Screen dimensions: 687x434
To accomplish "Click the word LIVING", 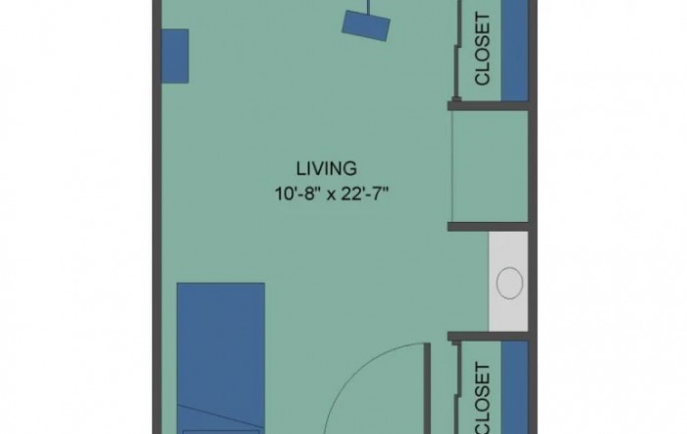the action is (x=327, y=169).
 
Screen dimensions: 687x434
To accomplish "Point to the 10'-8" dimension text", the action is (x=295, y=193).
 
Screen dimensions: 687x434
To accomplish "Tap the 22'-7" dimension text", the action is (x=365, y=193).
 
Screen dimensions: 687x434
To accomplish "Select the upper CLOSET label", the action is (x=482, y=49).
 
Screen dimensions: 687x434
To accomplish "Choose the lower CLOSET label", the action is (x=482, y=398).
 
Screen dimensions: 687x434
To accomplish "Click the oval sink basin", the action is (x=509, y=283).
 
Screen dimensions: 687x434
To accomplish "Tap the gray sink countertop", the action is (x=508, y=282).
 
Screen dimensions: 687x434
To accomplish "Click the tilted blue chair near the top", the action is (x=366, y=26).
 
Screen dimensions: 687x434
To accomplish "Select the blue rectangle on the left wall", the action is (x=176, y=56).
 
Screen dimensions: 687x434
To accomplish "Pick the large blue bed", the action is (x=221, y=358).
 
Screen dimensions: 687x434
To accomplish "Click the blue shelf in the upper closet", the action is (x=514, y=50).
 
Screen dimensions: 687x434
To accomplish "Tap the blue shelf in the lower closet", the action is (x=514, y=388).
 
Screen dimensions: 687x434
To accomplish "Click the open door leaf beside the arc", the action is (x=428, y=389).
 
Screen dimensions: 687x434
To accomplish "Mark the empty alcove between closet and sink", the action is (x=490, y=166).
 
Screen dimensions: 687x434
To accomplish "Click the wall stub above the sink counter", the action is (x=488, y=227).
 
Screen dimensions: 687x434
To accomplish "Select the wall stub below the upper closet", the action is (x=488, y=106).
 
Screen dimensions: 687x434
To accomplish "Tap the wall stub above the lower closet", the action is (x=488, y=336).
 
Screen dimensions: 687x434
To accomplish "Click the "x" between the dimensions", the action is (x=332, y=195).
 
